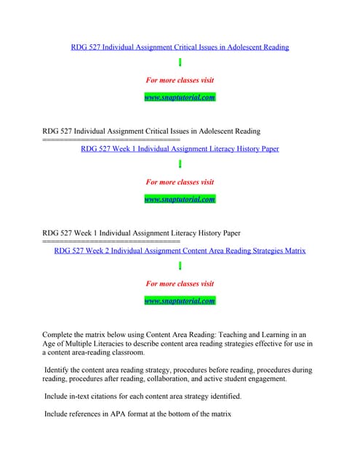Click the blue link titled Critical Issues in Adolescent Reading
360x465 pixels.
point(180,47)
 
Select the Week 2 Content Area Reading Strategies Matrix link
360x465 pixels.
point(180,251)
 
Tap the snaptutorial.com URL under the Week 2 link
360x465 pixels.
point(180,301)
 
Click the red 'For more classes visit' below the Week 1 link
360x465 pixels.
point(180,182)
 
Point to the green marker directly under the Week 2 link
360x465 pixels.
point(180,267)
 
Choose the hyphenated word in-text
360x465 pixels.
point(84,397)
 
